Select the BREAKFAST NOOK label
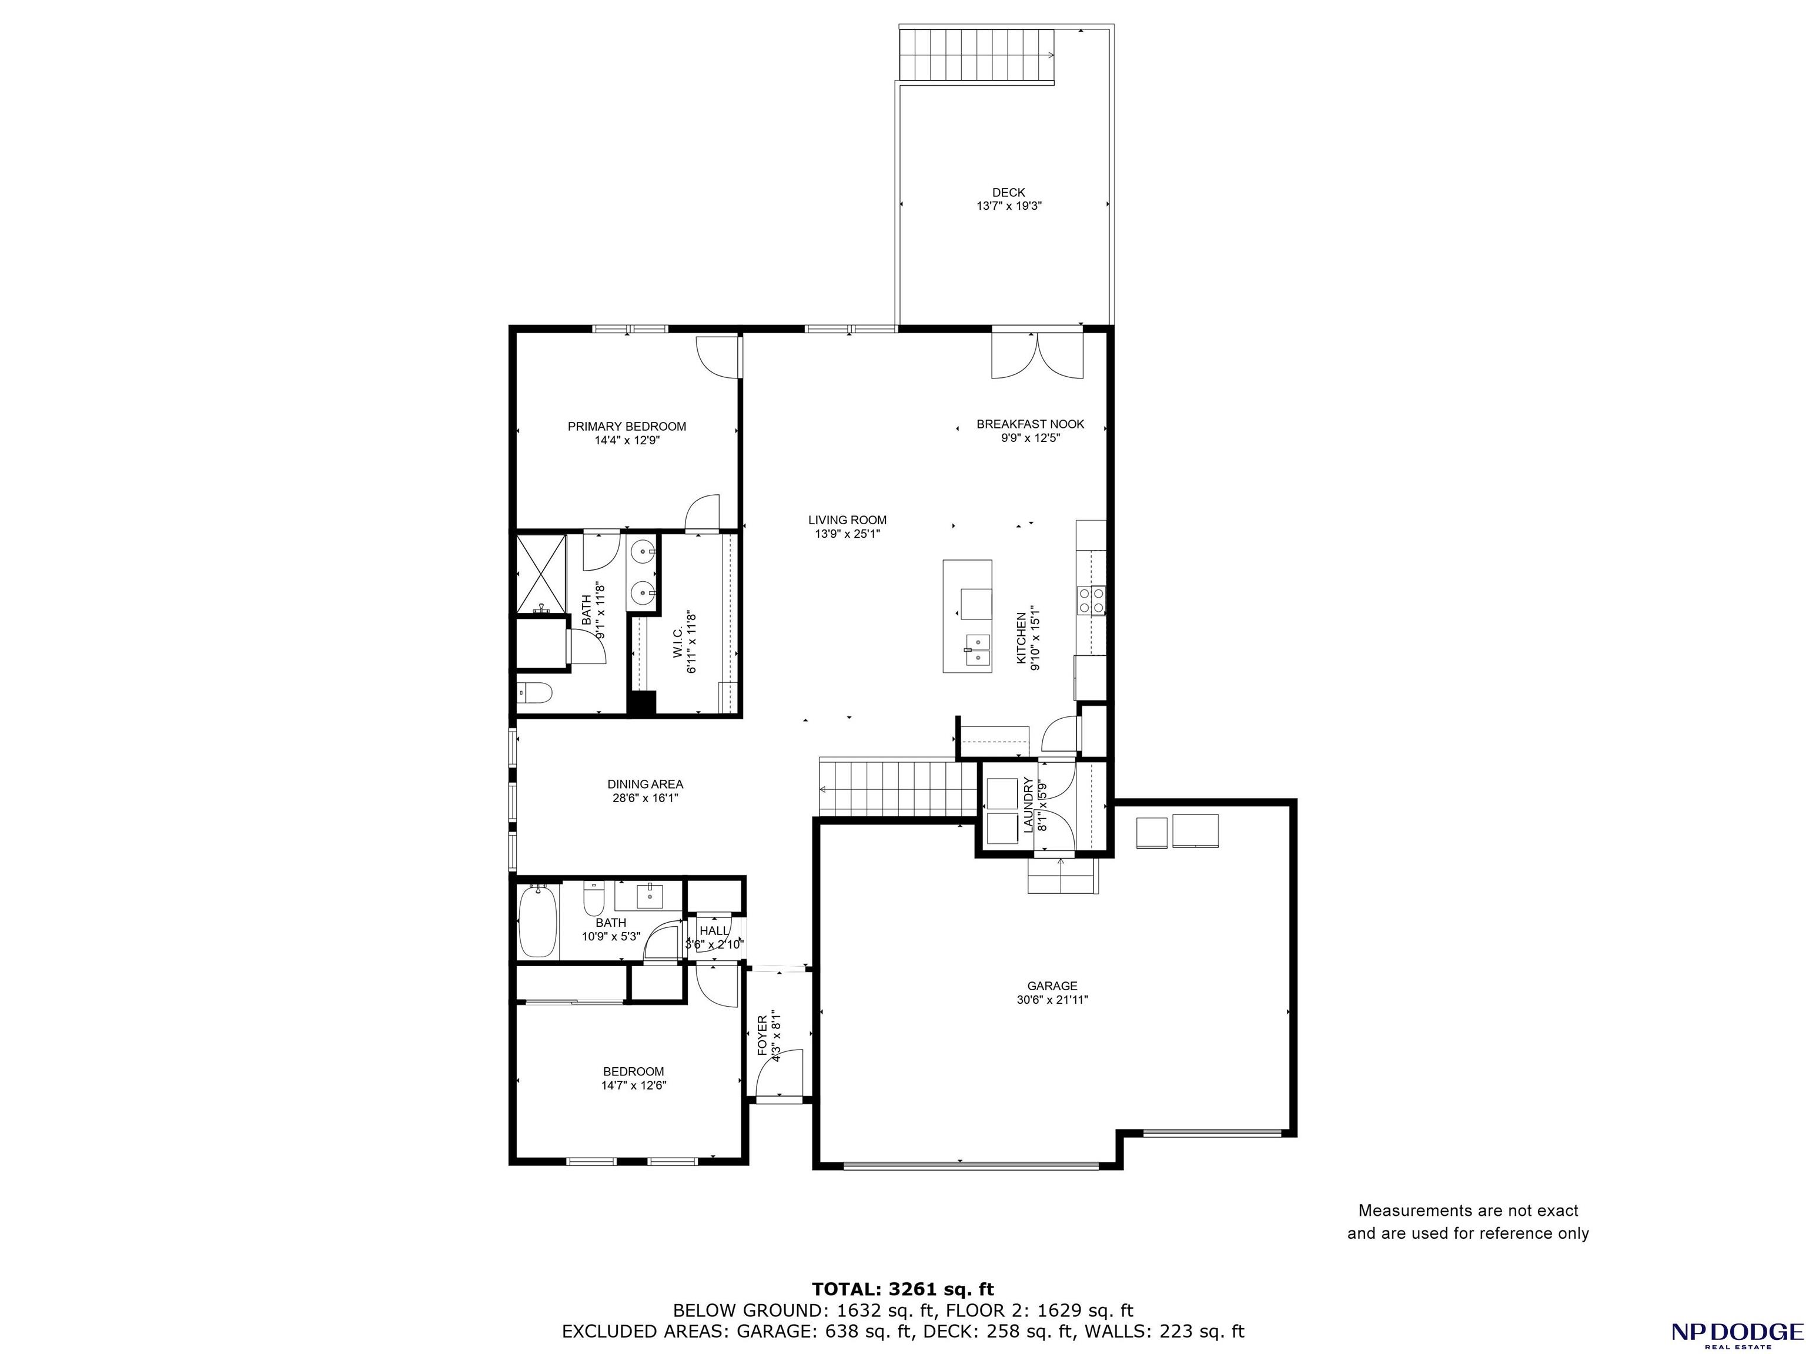(x=1031, y=424)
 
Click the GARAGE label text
(x=1052, y=986)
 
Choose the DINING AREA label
(x=645, y=785)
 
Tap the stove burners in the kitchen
(x=1092, y=600)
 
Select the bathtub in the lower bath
(x=538, y=921)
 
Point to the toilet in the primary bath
(x=535, y=693)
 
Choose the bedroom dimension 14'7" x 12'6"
(x=634, y=1085)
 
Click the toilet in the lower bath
(x=593, y=899)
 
